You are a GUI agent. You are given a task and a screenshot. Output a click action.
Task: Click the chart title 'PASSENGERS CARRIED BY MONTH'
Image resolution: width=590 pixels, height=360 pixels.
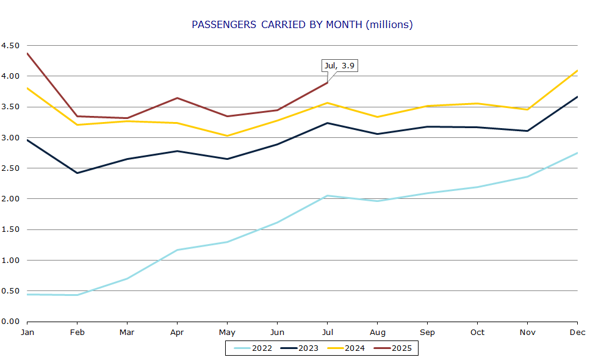(302, 24)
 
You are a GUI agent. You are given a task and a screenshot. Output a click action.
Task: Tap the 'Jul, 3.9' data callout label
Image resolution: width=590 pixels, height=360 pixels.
(339, 65)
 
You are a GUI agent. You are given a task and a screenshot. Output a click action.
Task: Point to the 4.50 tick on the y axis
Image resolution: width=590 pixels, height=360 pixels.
(10, 46)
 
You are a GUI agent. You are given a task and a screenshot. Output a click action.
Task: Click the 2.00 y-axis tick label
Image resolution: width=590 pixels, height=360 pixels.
(10, 199)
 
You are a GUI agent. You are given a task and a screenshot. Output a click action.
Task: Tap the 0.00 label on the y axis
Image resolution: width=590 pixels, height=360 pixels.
(10, 322)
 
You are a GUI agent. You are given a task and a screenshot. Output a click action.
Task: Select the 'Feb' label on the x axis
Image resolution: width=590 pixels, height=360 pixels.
(77, 333)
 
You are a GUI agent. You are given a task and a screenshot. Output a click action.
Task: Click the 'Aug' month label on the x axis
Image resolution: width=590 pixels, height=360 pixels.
(377, 333)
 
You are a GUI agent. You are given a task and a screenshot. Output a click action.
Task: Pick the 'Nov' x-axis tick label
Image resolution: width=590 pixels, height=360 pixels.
(527, 333)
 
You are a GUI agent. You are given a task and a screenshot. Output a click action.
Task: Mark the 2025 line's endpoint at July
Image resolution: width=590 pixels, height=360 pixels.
(327, 82)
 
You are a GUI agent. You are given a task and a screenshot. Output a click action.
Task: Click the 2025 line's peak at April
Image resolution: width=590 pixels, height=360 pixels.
(177, 98)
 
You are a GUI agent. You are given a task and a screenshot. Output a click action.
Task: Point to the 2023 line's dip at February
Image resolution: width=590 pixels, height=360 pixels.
(77, 173)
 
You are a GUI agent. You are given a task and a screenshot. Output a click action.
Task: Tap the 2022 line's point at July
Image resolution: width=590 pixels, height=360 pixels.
(327, 196)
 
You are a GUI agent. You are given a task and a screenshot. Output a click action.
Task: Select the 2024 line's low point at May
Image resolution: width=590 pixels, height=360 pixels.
(227, 136)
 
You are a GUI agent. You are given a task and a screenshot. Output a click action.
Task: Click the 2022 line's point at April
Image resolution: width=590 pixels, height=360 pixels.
(177, 250)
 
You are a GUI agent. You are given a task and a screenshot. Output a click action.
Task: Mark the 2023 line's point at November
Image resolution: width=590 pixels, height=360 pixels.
(527, 131)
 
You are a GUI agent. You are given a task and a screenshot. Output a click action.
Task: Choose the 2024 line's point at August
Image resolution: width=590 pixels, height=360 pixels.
(377, 117)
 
